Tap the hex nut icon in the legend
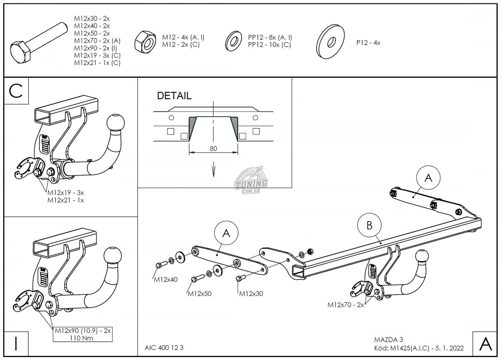tap(145, 41)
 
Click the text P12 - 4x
tap(368, 42)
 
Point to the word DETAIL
tap(174, 96)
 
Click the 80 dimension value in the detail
tap(213, 149)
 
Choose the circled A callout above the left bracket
tap(226, 234)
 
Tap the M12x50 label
tap(200, 294)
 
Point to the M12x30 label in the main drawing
tap(251, 294)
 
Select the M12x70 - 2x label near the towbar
tap(346, 305)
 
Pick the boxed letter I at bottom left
tap(16, 344)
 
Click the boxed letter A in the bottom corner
tap(485, 344)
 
